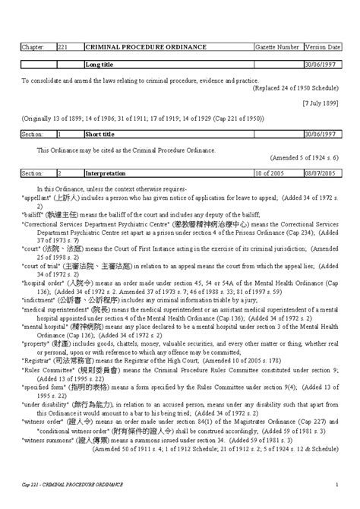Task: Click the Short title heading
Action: click(101, 134)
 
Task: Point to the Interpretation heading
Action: click(106, 173)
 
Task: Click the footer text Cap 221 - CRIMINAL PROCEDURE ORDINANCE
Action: click(72, 484)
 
